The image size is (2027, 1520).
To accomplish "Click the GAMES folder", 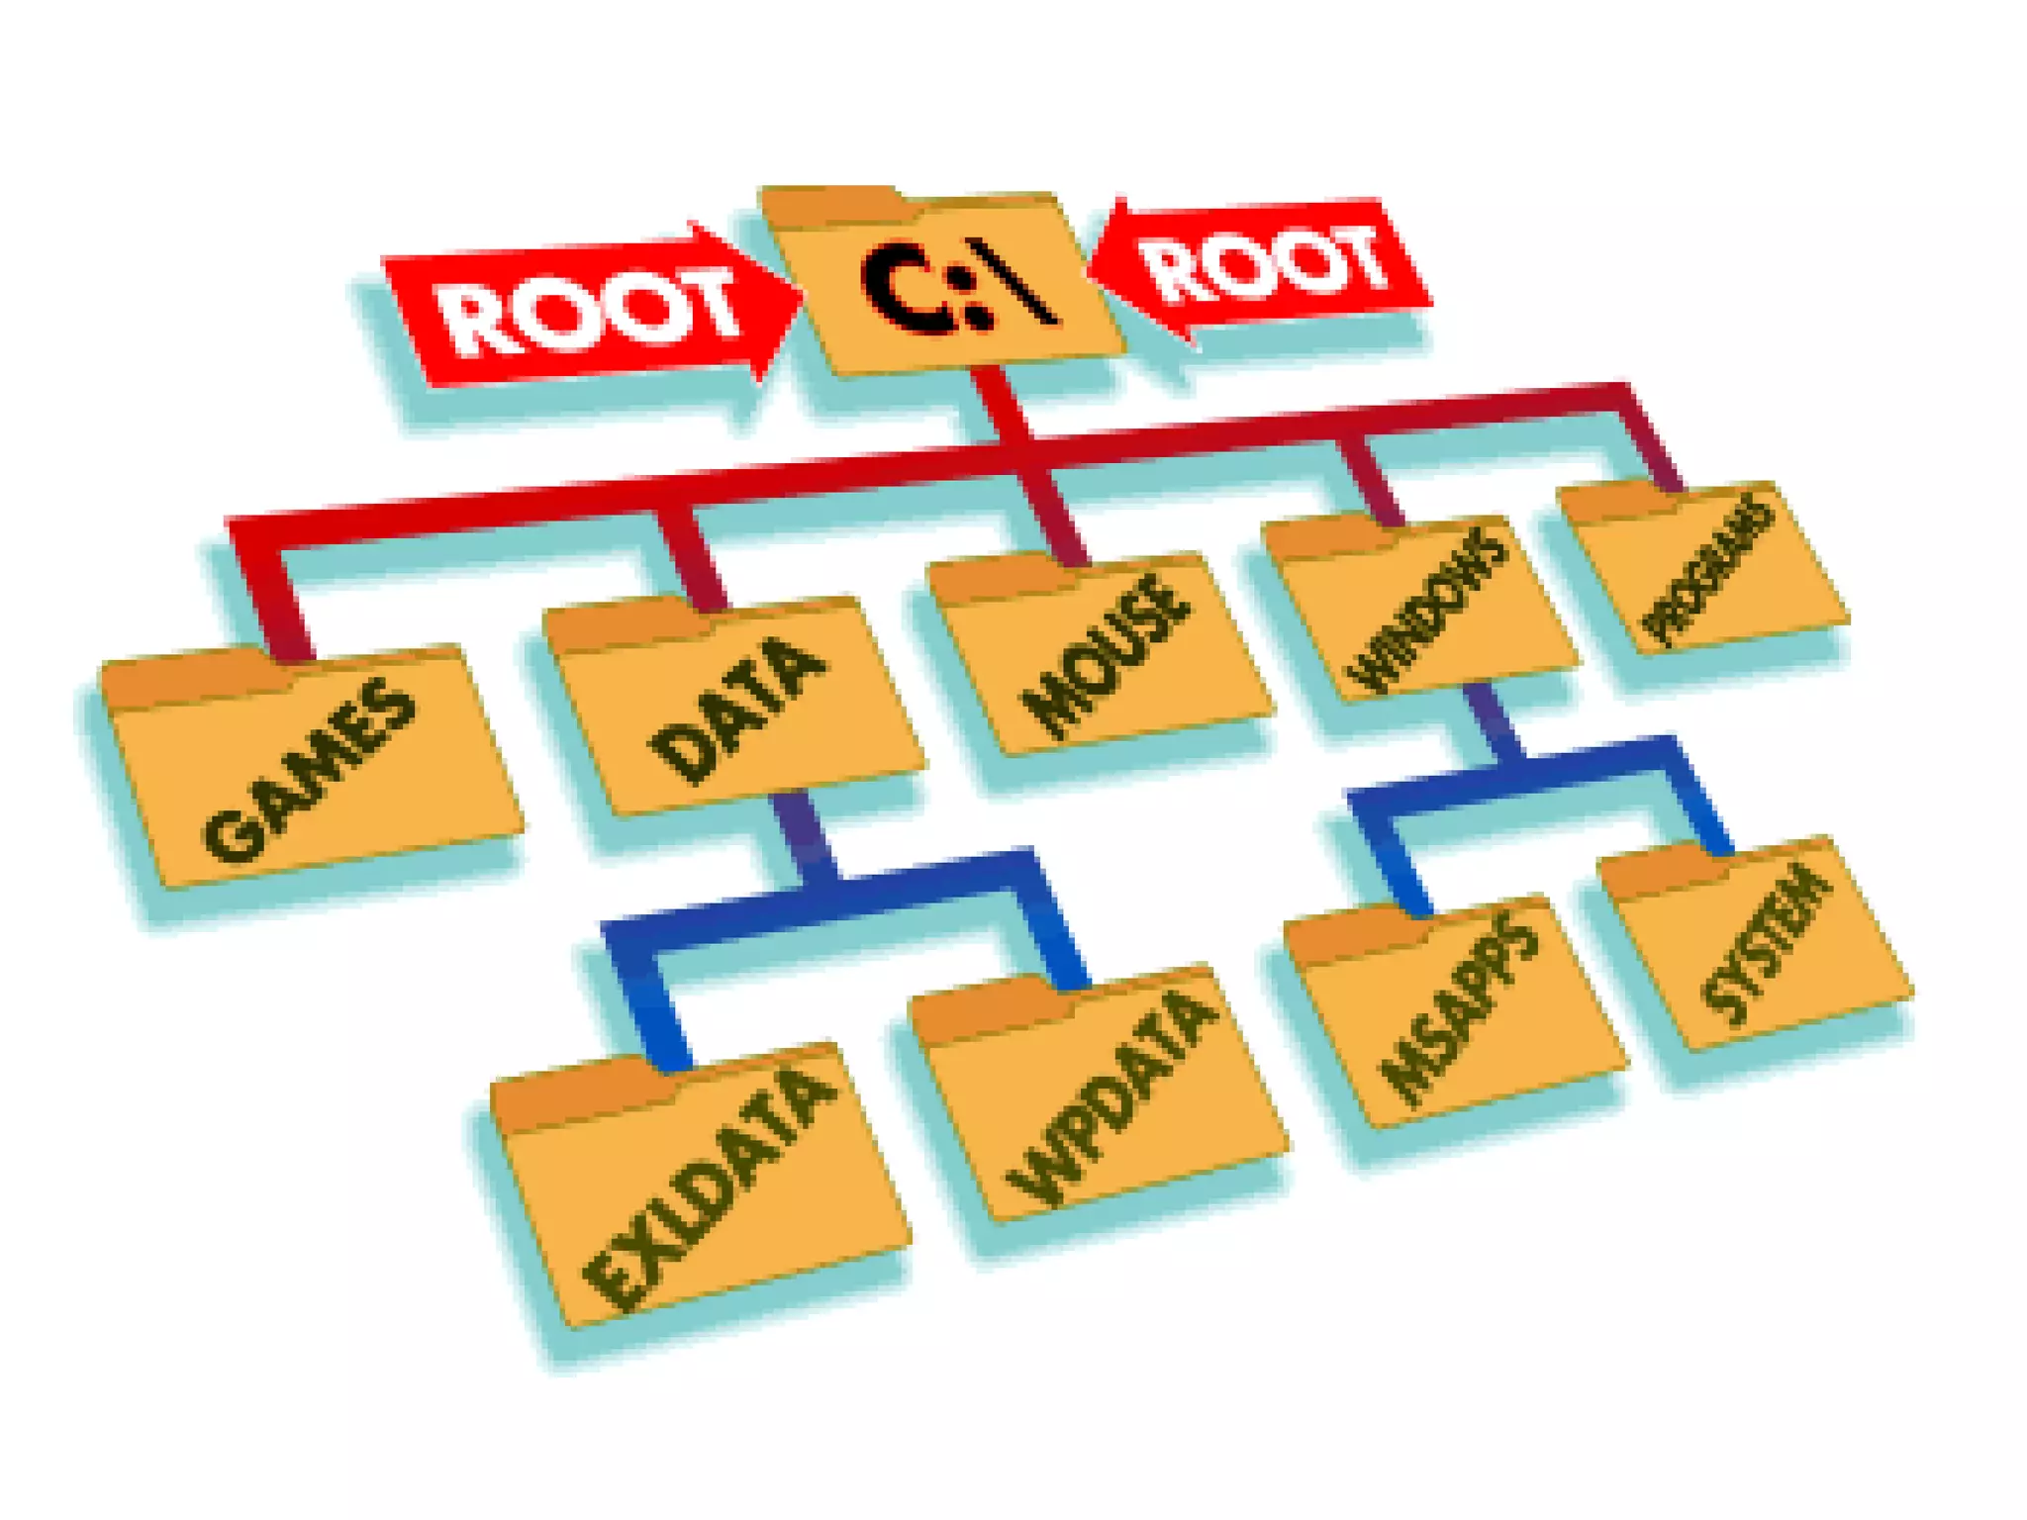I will pos(312,772).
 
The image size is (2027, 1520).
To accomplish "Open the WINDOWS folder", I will pos(1420,609).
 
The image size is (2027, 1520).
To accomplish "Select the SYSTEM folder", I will pos(1757,945).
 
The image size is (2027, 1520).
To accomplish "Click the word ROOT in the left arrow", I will pos(589,312).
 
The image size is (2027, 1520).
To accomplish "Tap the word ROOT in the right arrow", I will pos(1262,262).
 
